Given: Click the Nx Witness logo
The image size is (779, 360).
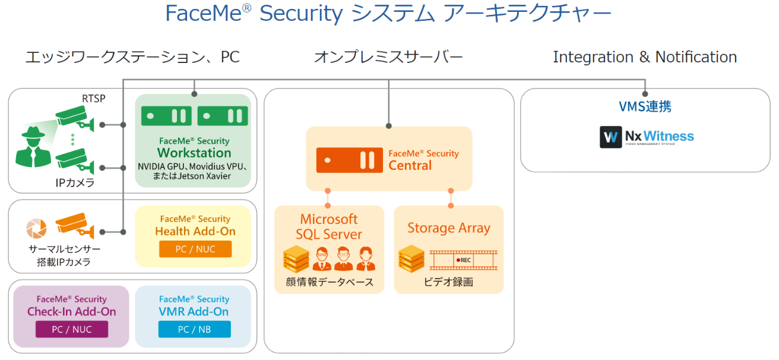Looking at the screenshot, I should pyautogui.click(x=647, y=137).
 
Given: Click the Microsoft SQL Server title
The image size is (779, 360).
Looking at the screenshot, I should pyautogui.click(x=329, y=226).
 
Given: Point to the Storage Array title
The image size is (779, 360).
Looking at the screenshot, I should pyautogui.click(x=449, y=228).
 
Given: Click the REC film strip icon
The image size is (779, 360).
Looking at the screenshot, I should pyautogui.click(x=463, y=260).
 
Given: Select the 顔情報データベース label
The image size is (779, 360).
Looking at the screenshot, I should pyautogui.click(x=328, y=282).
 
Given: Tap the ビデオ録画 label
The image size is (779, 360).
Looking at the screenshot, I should pyautogui.click(x=448, y=282).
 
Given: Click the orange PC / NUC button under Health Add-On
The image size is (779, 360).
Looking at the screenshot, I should pyautogui.click(x=195, y=249).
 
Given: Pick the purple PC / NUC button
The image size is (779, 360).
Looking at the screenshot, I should pyautogui.click(x=72, y=329).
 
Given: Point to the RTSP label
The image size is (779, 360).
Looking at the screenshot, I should pyautogui.click(x=94, y=99).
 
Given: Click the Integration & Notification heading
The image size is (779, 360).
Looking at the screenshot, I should pyautogui.click(x=645, y=57).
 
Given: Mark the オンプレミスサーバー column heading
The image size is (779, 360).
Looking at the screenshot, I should pyautogui.click(x=388, y=57).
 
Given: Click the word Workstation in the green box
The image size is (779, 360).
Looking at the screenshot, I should pyautogui.click(x=194, y=153).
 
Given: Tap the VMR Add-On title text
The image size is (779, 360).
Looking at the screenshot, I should pyautogui.click(x=194, y=311).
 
